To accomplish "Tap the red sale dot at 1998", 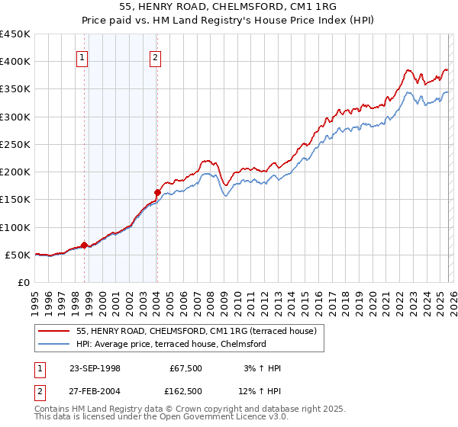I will coord(84,245).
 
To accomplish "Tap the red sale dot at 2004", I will coord(157,192).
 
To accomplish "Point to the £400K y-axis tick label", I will coord(15,62).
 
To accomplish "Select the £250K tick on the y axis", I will coord(15,144).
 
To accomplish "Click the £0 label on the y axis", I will coord(23,282).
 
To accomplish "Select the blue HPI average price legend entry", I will coord(171,345).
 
